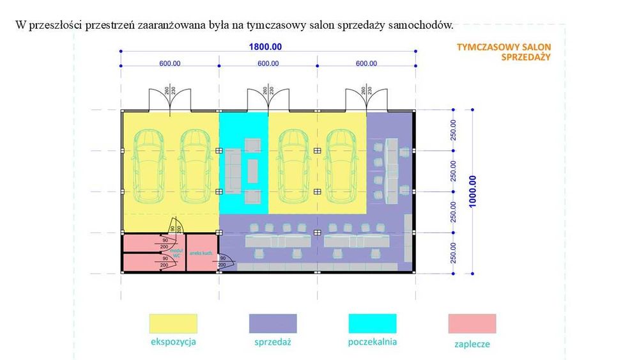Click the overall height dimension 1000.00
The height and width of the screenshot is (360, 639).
[x=473, y=191]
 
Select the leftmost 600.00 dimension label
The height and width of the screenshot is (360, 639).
[x=170, y=63]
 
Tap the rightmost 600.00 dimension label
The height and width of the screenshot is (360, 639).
[x=366, y=63]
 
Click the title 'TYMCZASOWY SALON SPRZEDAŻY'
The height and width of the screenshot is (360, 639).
[x=504, y=52]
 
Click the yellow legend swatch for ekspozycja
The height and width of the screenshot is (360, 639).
[x=173, y=324]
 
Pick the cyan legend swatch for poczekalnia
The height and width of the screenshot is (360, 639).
[x=372, y=324]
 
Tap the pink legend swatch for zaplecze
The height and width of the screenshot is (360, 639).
[x=472, y=324]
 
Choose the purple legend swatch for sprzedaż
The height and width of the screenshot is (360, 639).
[x=272, y=324]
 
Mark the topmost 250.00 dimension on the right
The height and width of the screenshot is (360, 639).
[x=453, y=130]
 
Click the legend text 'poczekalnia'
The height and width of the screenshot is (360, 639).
[x=373, y=341]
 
